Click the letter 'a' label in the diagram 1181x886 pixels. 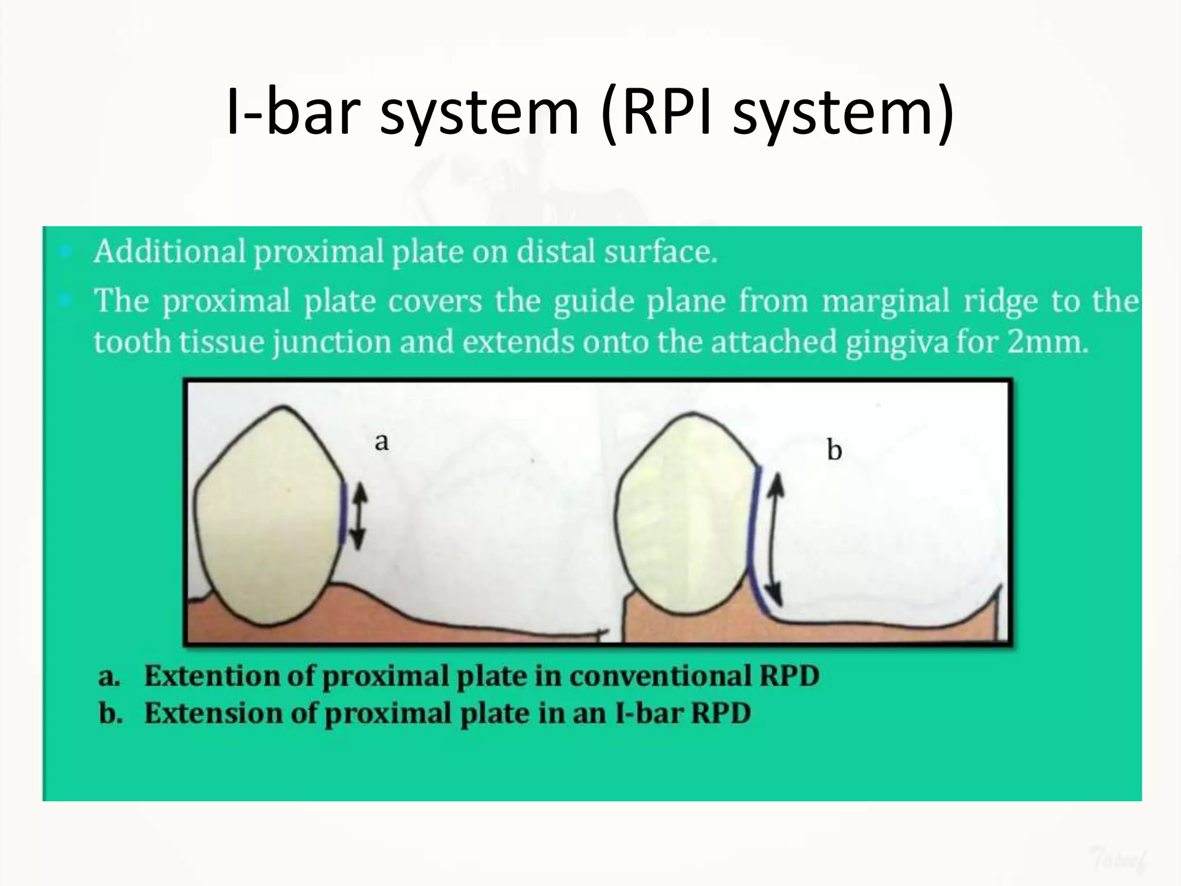point(382,442)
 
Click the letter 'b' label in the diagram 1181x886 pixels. point(834,450)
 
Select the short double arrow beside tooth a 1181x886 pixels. point(359,516)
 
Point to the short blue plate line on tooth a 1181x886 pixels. point(343,513)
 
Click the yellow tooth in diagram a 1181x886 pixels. point(268,519)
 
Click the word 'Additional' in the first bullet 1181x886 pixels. point(170,252)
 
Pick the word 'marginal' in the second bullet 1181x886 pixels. point(885,301)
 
